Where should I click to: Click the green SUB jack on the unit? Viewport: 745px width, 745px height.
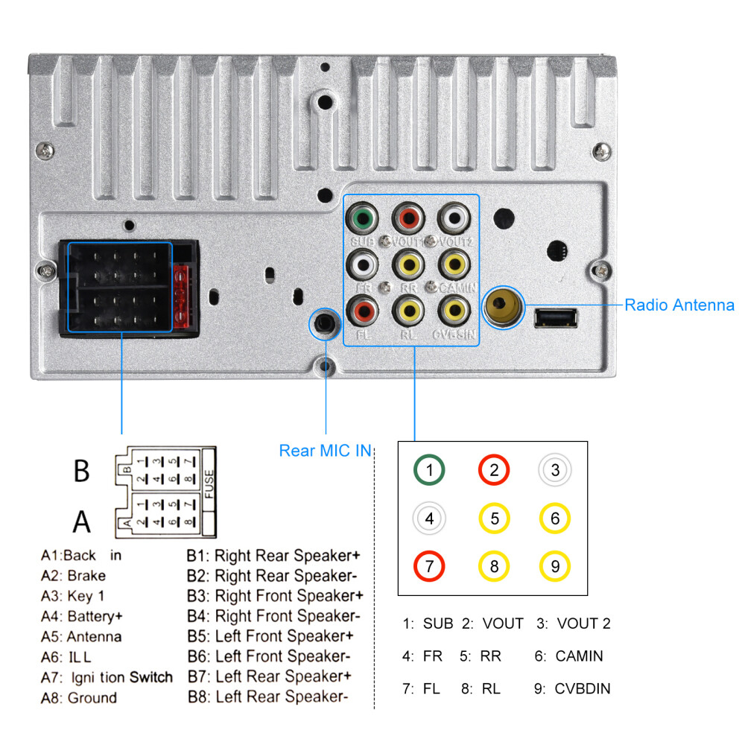click(x=363, y=219)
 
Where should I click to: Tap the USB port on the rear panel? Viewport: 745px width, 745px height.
click(x=556, y=318)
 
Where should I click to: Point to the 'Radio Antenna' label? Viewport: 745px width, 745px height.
click(x=679, y=305)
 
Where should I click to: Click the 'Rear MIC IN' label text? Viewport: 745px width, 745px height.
click(x=325, y=451)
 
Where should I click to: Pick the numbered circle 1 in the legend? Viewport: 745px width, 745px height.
click(x=429, y=470)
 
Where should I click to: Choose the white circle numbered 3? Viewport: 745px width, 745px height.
click(x=554, y=470)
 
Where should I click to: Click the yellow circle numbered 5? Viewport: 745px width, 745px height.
click(x=494, y=518)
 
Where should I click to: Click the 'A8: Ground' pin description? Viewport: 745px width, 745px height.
click(x=79, y=698)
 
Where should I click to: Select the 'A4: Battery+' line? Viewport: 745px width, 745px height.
click(x=82, y=616)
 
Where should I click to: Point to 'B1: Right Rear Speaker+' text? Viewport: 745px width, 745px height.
click(x=274, y=556)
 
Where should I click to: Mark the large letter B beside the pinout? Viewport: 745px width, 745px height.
click(x=82, y=472)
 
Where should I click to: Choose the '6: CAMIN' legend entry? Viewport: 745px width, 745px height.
click(x=568, y=656)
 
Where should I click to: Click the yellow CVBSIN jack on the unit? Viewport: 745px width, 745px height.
click(x=454, y=308)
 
